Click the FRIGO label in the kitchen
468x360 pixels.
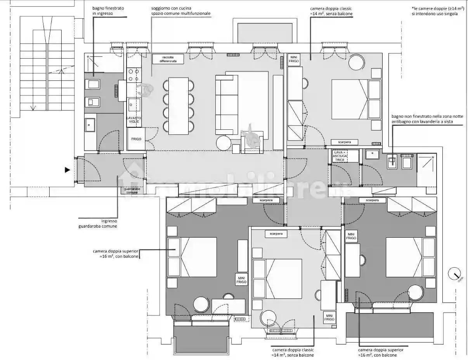pyautogui.click(x=136, y=139)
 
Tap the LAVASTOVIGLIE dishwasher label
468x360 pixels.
pyautogui.click(x=134, y=119)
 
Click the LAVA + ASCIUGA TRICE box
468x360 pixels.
pyautogui.click(x=340, y=156)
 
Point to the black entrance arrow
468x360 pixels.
pyautogui.click(x=68, y=170)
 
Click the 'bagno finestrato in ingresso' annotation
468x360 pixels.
pyautogui.click(x=103, y=10)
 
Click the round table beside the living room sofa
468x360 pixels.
pyautogui.click(x=223, y=143)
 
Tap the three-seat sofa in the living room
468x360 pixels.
pyautogui.click(x=226, y=104)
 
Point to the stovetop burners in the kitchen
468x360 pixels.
pyautogui.click(x=134, y=75)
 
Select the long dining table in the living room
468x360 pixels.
pyautogui.click(x=178, y=106)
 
